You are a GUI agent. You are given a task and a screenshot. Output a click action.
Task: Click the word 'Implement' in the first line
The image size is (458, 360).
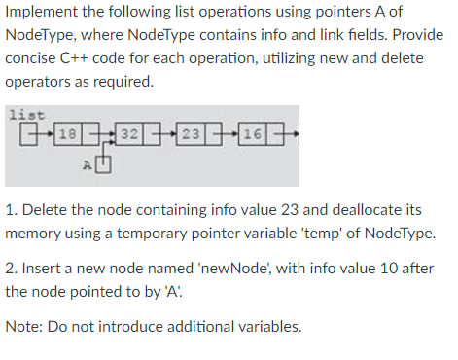42,13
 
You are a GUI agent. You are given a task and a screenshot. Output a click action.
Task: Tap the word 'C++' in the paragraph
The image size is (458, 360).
88,59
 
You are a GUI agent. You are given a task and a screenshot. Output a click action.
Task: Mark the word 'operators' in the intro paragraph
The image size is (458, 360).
41,83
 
